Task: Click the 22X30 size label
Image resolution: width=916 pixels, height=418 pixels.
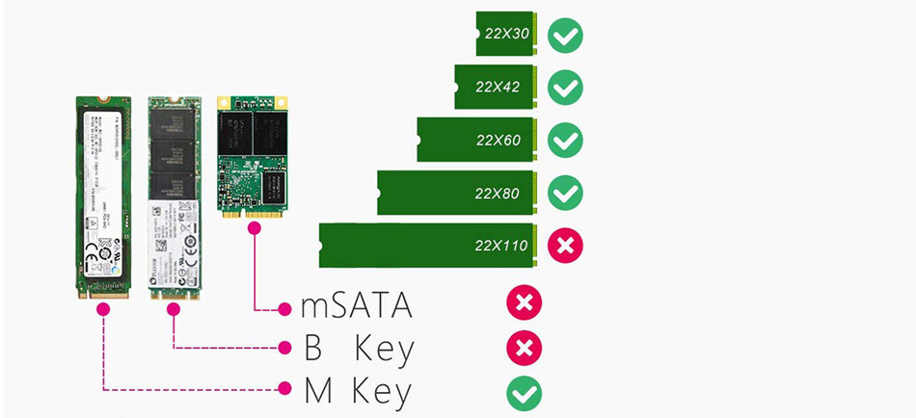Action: (x=508, y=35)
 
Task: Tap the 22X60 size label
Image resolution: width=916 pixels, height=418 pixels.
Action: (x=498, y=141)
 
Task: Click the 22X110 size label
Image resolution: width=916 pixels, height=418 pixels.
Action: (x=500, y=246)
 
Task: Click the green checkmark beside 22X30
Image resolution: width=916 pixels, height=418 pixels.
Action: (x=565, y=36)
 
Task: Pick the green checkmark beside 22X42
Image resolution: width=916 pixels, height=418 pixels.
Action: (x=565, y=88)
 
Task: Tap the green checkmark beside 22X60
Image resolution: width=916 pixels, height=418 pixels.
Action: (x=565, y=141)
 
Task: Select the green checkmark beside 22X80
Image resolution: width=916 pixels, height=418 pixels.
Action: (x=565, y=193)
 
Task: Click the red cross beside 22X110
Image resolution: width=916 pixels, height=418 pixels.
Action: (x=565, y=246)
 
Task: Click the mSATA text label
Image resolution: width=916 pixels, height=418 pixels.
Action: (x=357, y=306)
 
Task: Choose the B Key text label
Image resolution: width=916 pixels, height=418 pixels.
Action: (x=357, y=349)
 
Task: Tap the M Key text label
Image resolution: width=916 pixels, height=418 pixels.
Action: (x=357, y=392)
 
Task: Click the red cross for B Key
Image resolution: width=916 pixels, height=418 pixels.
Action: (x=524, y=348)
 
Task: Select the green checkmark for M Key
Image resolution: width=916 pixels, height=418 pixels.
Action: (x=524, y=392)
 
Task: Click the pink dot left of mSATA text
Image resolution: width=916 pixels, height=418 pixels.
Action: (x=284, y=309)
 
